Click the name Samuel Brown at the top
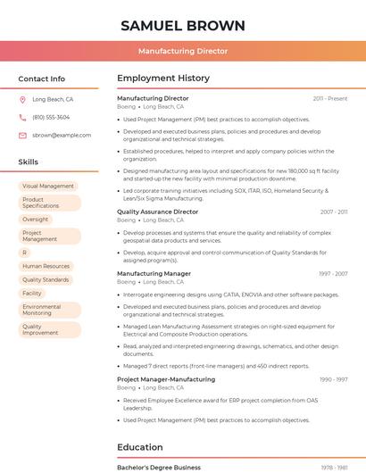coord(183,25)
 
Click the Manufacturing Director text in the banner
coord(183,51)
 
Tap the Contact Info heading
coord(42,79)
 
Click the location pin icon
coord(23,100)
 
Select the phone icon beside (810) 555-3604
coord(23,118)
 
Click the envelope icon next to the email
coord(23,136)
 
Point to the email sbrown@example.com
coord(62,136)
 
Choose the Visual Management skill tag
coord(48,187)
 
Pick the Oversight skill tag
coord(36,220)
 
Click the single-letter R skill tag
coord(25,253)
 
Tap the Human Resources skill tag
coord(46,266)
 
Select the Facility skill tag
coord(32,293)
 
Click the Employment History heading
coord(163,79)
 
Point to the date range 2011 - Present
coord(330,99)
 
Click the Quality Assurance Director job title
coord(158,212)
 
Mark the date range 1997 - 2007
coord(333,274)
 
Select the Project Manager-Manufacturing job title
coord(166,379)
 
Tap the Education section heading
coord(140,447)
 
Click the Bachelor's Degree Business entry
coord(159,468)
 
